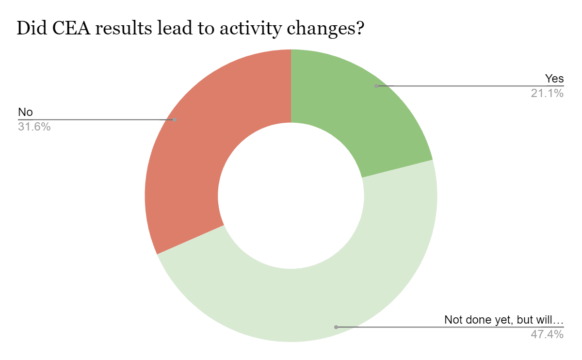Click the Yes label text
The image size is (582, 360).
[554, 79]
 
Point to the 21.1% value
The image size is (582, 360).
[547, 93]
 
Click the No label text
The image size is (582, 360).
[25, 112]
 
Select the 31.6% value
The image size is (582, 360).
[34, 127]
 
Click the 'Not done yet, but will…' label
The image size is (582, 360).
[504, 320]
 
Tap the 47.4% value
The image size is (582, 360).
[547, 334]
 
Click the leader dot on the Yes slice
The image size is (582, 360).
[376, 86]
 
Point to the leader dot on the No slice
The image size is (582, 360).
[175, 119]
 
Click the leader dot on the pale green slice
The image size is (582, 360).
[336, 327]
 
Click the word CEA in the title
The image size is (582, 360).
[71, 28]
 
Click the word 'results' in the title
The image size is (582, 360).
[124, 28]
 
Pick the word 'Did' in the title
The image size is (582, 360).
[32, 28]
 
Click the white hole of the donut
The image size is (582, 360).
[291, 196]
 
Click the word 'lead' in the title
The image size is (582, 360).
[175, 28]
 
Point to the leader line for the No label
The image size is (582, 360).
[97, 119]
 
